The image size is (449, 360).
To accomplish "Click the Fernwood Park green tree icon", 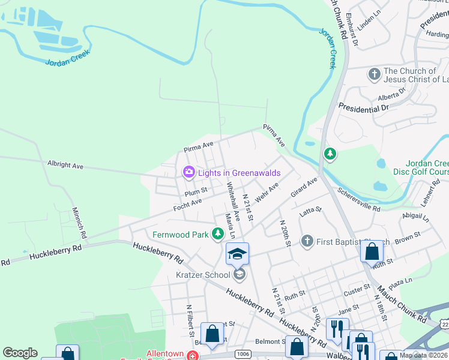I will pos(218,235).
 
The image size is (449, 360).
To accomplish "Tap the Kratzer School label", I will pos(202,275).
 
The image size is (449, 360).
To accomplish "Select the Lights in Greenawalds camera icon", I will pos(189,173).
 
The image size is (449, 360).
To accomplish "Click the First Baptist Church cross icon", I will pos(307,241).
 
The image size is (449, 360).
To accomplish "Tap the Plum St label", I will pos(196,193).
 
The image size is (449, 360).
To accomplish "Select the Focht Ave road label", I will pos(187,204).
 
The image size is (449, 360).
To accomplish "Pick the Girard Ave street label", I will pos(303,187).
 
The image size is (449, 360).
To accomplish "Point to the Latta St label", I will pos(311,211).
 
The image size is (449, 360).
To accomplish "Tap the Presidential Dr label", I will pos(364,108).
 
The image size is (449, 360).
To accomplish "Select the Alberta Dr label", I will pos(391,95).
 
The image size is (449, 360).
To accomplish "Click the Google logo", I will pos(20,353).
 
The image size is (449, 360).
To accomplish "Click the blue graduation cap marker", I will pos(237,254).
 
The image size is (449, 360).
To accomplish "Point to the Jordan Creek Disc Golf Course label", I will pos(427,167).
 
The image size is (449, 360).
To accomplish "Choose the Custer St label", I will pos(357,291).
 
